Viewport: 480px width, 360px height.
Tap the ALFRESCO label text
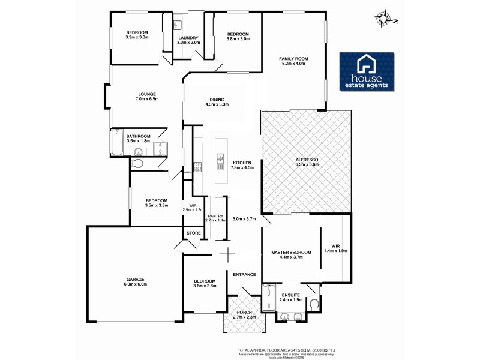306,159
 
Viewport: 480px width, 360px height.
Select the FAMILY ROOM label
294,58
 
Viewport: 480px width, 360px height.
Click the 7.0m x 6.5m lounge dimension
147,99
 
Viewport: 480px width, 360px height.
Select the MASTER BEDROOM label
291,253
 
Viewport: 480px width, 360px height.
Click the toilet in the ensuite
314,304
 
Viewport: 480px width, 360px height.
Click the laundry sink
178,26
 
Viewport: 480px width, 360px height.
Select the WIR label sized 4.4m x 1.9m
336,246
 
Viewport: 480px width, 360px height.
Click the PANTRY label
215,216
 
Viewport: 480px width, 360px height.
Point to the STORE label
193,233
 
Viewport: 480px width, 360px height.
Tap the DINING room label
217,100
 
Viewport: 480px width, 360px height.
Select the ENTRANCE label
245,274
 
